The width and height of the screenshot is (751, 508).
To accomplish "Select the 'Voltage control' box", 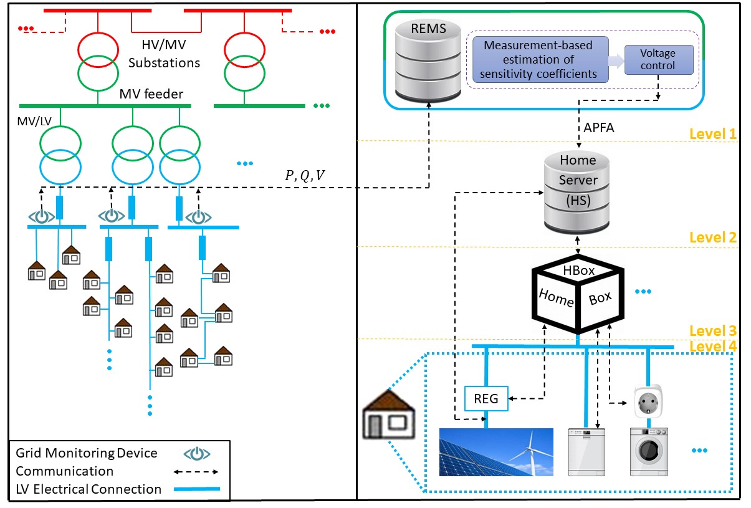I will [x=658, y=59].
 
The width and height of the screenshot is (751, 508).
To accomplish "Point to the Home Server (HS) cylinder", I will [x=577, y=190].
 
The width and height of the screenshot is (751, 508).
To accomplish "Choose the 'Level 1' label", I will [x=713, y=134].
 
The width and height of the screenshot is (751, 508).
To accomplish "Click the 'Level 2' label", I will [x=713, y=237].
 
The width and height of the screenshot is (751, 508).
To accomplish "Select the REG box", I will [x=486, y=398].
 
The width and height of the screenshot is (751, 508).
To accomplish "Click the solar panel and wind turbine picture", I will [x=496, y=453].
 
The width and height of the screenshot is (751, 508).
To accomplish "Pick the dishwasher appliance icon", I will [x=585, y=453].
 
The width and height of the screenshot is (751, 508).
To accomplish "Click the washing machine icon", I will [x=648, y=453].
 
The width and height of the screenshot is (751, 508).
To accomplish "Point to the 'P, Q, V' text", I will [x=304, y=176].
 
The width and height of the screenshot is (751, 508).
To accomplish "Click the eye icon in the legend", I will [x=198, y=454].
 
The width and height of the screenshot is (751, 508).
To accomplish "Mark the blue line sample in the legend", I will [x=198, y=490].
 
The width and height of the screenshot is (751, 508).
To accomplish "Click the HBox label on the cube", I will [x=579, y=271].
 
